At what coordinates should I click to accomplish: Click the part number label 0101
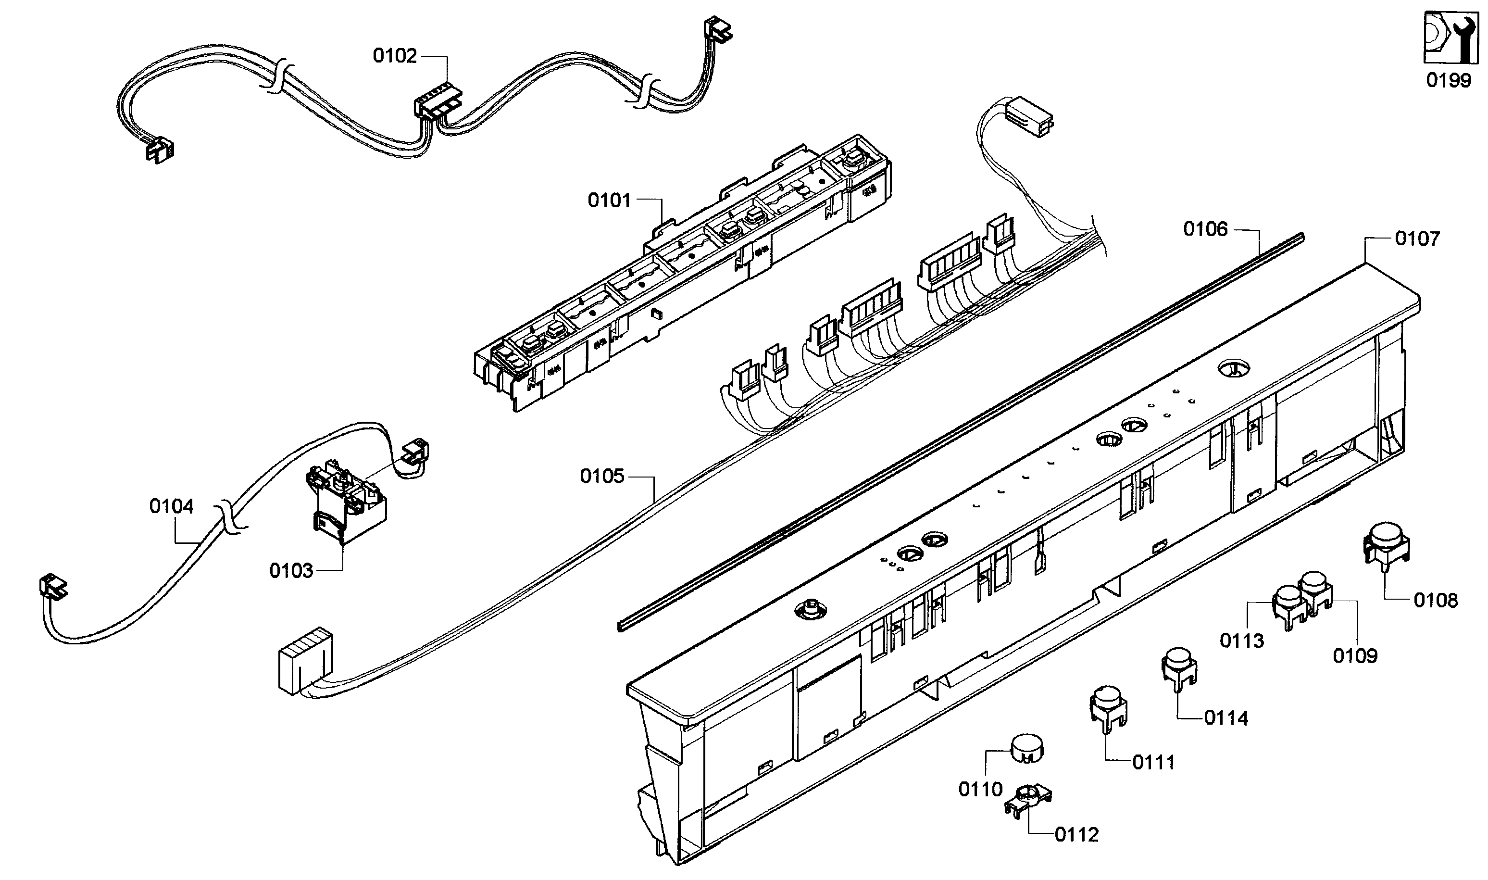[609, 201]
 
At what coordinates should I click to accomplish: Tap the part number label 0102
[395, 56]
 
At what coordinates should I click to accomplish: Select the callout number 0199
[1448, 80]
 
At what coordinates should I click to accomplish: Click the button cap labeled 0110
[1027, 748]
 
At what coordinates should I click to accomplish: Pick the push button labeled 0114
[1178, 665]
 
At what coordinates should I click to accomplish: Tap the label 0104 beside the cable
[171, 506]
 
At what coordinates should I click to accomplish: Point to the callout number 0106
[1205, 229]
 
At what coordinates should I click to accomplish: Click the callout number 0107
[1417, 239]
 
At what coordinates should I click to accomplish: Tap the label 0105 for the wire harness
[602, 476]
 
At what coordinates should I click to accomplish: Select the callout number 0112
[1076, 835]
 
